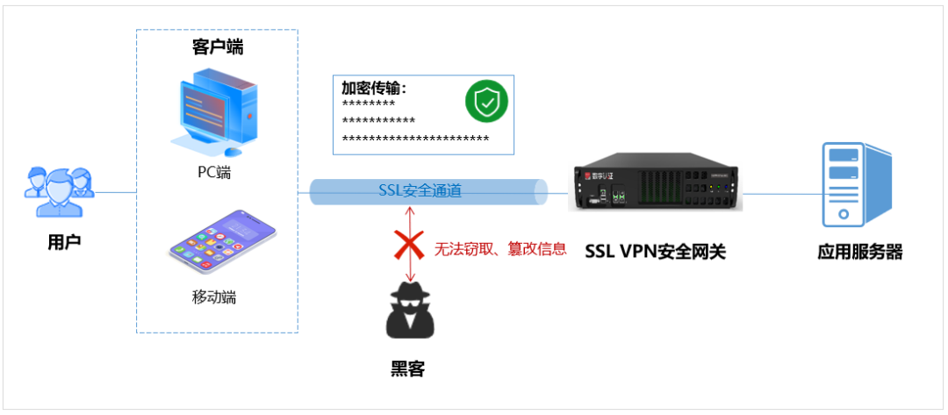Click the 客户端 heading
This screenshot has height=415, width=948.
pos(217,47)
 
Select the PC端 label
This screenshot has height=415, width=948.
pos(213,173)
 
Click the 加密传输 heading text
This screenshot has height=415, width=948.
pos(374,89)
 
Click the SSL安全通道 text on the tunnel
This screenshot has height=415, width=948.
pos(420,190)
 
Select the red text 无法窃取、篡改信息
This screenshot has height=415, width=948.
pos(499,249)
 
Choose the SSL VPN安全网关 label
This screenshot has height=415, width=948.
pos(655,252)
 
